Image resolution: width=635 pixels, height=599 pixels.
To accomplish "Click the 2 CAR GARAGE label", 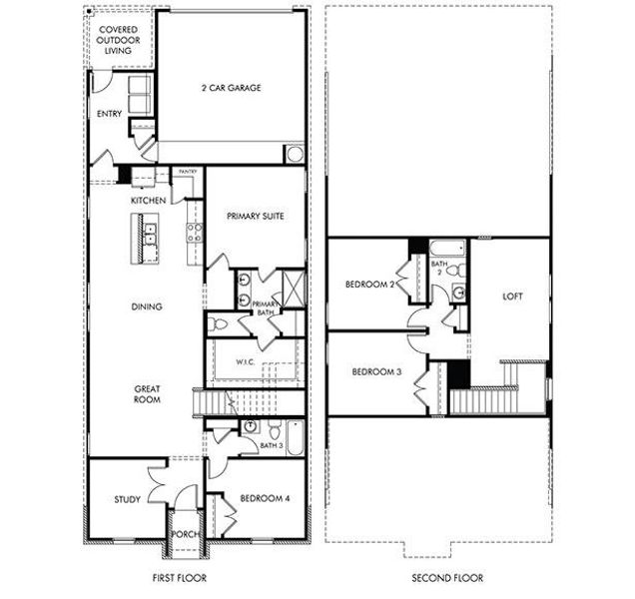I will [x=229, y=88].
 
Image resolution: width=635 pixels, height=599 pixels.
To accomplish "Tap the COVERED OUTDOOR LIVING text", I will [x=118, y=40].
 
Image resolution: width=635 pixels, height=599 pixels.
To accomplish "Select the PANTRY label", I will [x=187, y=172].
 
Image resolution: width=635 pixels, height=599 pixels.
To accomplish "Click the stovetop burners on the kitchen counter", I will [x=194, y=234].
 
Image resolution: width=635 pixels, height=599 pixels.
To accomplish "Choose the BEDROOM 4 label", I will [x=265, y=496].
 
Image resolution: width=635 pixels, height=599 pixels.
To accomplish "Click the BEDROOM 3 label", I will [x=376, y=371].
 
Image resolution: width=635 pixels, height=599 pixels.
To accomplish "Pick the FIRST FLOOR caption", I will [x=182, y=578].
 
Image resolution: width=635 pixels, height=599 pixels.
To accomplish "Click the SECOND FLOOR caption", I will [x=447, y=578].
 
